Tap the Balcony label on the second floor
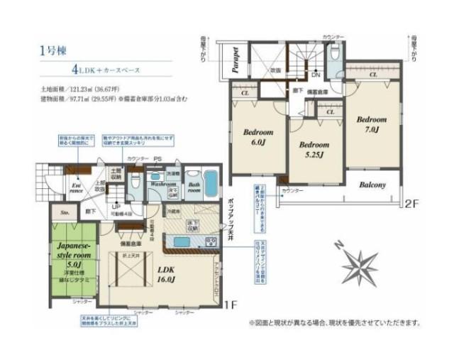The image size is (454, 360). (371, 185)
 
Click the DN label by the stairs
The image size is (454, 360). (316, 74)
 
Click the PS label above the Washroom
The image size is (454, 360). (157, 159)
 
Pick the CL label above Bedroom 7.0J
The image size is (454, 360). (372, 73)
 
